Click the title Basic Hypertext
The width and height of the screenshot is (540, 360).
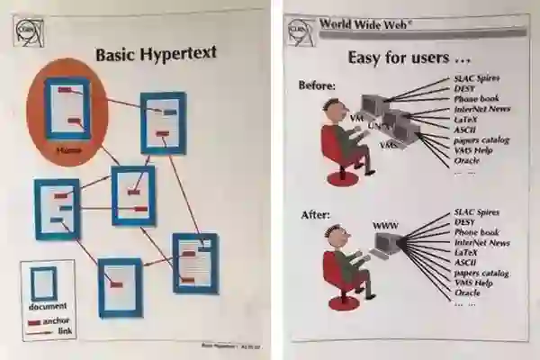click(x=156, y=55)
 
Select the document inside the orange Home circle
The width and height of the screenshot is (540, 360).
click(x=68, y=107)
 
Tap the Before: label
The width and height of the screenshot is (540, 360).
click(x=317, y=85)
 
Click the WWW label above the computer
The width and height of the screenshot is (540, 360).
click(x=385, y=223)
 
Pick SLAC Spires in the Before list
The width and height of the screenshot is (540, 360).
click(x=477, y=79)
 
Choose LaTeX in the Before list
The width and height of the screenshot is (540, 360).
click(x=467, y=119)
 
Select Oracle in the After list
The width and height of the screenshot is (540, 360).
click(x=468, y=292)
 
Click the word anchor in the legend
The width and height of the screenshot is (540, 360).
click(x=57, y=320)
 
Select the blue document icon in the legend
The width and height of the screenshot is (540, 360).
click(x=43, y=283)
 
